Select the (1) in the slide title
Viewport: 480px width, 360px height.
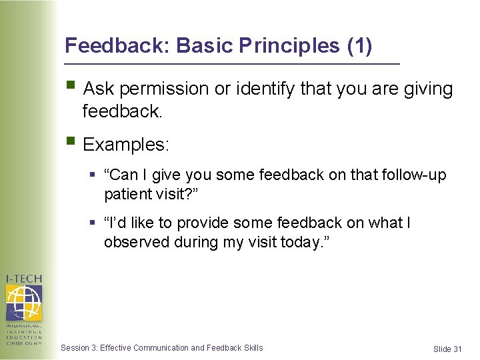359,46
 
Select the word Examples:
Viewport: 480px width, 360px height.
126,144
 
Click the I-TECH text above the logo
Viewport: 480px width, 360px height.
24,278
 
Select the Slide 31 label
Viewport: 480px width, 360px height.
447,349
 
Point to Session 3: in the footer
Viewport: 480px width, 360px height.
79,347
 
